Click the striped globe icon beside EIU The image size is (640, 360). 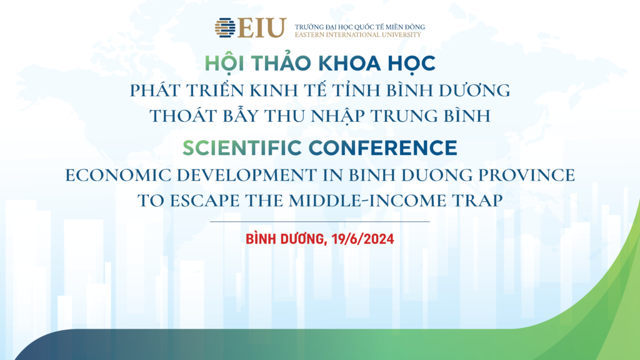[x=225, y=27]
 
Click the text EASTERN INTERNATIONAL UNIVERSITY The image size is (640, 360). [x=357, y=35]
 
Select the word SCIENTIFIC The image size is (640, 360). [x=242, y=147]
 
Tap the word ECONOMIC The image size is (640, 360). [x=118, y=175]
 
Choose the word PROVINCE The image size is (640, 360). [x=526, y=175]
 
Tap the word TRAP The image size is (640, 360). [x=477, y=201]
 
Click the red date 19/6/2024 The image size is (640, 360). [x=363, y=239]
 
